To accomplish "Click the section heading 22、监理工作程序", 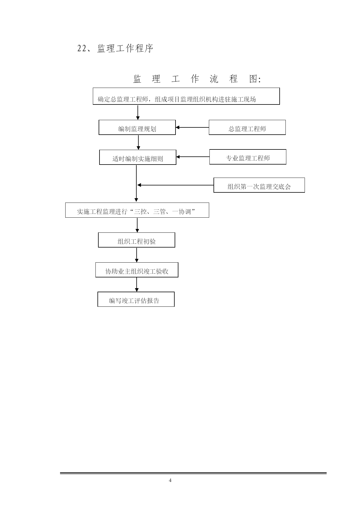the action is [115, 48].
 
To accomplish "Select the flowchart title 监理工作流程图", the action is [197, 79].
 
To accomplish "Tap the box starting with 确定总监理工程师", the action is [186, 96].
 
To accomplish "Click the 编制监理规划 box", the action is [137, 127].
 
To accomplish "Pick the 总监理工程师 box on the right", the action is [247, 127].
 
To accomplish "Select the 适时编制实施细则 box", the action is [138, 157].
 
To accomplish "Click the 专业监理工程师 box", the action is [248, 157].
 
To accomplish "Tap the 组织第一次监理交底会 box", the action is [259, 185].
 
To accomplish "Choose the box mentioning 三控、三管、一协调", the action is [137, 210].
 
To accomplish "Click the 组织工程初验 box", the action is [137, 240].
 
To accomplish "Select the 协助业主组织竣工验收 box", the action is [137, 270].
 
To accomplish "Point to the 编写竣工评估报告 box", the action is [136, 299].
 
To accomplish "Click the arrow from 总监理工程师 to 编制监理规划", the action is [192, 127].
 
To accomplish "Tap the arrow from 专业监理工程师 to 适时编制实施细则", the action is [193, 157].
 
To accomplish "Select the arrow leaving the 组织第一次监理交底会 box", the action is [176, 185].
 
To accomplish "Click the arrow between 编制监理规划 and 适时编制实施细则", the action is [138, 142].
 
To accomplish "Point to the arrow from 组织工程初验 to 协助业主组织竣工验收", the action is [137, 255].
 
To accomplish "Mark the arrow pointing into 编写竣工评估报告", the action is [137, 284].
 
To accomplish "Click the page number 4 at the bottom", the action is [170, 481].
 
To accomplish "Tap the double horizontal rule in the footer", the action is [193, 473].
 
